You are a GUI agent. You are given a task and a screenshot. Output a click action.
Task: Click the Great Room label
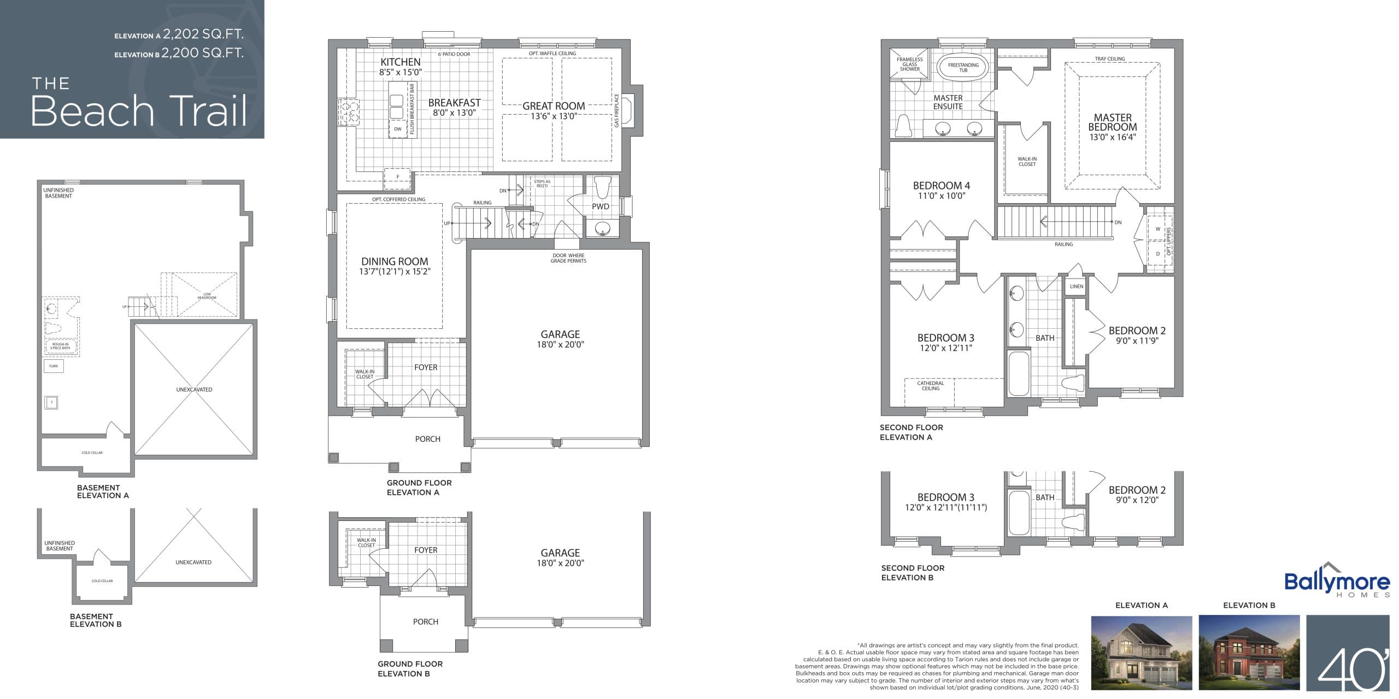(553, 106)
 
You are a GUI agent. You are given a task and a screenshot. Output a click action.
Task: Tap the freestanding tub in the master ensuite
(963, 68)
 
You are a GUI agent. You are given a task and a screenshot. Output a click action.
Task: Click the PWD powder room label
(600, 206)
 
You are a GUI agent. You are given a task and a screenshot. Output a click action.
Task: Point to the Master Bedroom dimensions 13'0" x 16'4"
(1113, 137)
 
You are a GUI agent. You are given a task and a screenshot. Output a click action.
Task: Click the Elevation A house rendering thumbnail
(1141, 653)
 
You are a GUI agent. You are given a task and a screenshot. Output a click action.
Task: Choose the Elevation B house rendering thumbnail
(1249, 653)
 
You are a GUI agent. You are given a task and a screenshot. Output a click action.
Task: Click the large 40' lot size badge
(1348, 653)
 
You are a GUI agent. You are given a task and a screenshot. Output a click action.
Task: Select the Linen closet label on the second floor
(1076, 286)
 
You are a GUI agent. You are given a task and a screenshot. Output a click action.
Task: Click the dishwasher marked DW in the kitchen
(398, 129)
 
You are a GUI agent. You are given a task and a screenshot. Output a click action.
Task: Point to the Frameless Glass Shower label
(909, 64)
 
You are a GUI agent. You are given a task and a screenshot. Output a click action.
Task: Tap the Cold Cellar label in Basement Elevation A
(92, 452)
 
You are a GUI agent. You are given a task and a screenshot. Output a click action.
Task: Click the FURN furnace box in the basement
(54, 366)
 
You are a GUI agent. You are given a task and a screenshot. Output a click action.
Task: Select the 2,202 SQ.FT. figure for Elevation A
(203, 34)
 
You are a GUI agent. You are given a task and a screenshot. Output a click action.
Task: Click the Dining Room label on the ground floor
(394, 262)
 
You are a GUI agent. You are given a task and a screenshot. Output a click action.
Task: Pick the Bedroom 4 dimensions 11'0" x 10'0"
(941, 196)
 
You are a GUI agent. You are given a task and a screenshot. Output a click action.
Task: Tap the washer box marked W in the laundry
(1157, 229)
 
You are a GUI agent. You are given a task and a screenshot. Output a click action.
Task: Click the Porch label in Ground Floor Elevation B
(425, 621)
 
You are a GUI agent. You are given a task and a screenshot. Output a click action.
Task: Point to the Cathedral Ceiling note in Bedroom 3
(930, 386)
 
